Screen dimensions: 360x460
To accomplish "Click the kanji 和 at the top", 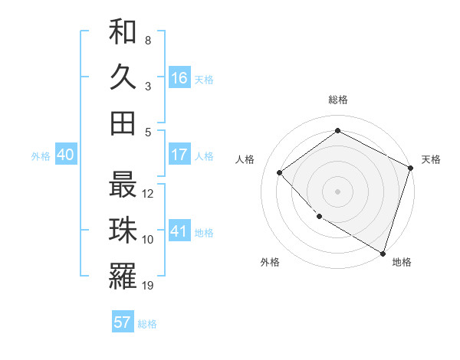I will [123, 33].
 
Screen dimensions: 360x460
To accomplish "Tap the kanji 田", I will [123, 123].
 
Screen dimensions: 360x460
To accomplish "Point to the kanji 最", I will [123, 185].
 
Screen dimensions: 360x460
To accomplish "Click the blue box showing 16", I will [179, 78].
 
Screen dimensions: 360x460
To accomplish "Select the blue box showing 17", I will [179, 155].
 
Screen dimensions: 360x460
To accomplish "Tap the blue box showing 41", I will [179, 231].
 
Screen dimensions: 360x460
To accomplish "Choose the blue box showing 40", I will [65, 155].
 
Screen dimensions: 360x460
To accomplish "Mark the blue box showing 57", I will [123, 322].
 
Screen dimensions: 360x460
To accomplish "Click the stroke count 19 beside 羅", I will [149, 286].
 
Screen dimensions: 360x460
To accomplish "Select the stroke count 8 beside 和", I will [148, 40].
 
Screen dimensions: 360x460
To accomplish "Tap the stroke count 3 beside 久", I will [148, 86].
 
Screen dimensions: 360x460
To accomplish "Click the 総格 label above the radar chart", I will [337, 100].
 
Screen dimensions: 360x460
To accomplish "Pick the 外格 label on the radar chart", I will [270, 262].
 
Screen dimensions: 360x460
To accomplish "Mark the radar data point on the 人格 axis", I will [280, 173].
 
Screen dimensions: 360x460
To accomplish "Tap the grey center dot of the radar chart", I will [337, 191].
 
